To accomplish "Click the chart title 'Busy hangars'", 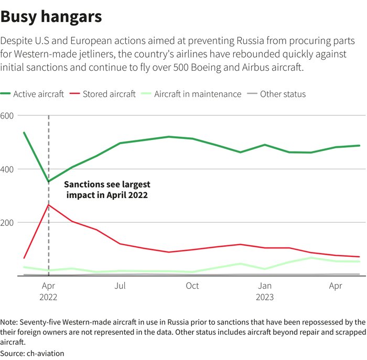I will point(51,17).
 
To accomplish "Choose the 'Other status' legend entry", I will point(283,94).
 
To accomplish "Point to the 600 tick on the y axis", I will point(8,115).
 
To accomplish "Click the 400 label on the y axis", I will point(8,169).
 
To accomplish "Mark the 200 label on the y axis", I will point(8,222).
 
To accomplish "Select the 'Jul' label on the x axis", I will point(120,286).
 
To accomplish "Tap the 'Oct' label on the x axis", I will point(192,286).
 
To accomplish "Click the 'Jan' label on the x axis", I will point(265,286).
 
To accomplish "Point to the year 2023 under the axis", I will point(265,297).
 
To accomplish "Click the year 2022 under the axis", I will point(48,297).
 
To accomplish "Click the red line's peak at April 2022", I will point(49,204).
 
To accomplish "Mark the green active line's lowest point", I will point(49,182).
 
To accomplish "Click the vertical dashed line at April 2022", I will point(49,241).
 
